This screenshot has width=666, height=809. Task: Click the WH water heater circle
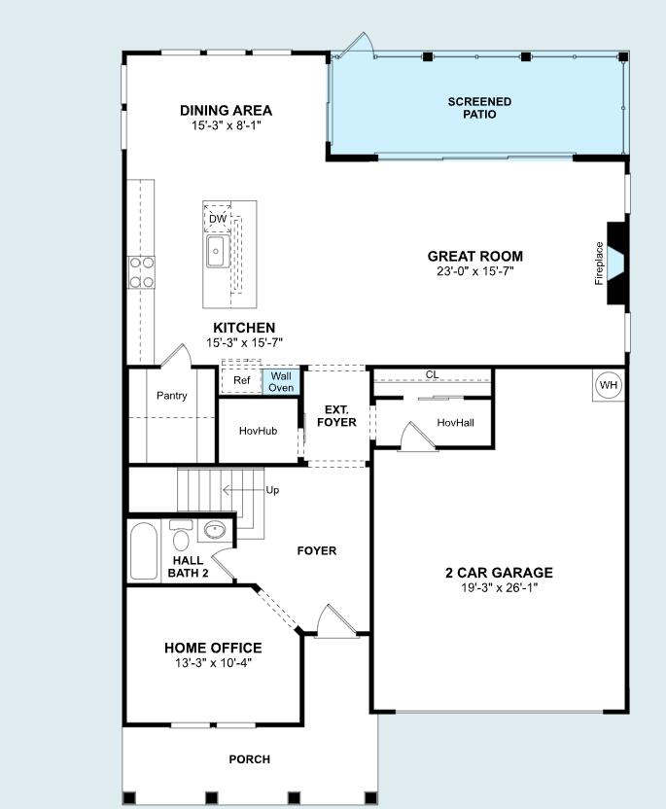609,385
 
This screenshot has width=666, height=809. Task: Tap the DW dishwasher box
218,219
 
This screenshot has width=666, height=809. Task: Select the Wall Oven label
281,381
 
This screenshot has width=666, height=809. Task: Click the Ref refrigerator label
241,380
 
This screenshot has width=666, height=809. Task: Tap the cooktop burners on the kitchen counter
142,272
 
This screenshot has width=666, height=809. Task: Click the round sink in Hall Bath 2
214,531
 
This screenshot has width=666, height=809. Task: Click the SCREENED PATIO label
479,108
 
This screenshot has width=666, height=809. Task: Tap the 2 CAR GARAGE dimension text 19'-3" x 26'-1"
499,587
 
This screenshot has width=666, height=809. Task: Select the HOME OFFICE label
213,648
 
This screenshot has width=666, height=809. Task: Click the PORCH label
249,758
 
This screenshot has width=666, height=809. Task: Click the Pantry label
172,396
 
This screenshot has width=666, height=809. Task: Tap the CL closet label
432,375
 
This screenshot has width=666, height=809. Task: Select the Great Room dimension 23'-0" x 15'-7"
474,271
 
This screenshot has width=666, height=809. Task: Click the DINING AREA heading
226,111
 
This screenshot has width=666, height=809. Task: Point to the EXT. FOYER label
336,416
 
